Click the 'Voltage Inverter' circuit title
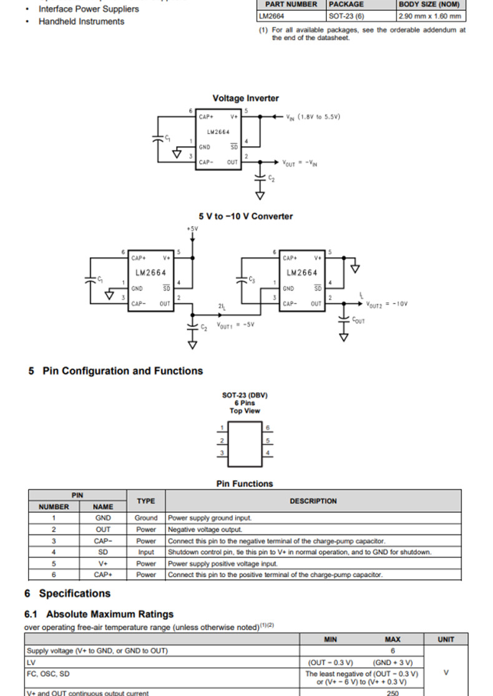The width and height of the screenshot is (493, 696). click(245, 98)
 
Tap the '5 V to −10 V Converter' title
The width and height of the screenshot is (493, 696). click(246, 216)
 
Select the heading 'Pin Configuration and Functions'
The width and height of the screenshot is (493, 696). click(122, 371)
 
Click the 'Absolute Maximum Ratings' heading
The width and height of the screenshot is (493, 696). click(110, 614)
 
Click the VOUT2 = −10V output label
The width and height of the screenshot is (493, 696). click(387, 304)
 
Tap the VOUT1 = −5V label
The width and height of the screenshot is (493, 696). click(235, 325)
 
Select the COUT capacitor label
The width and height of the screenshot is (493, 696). click(358, 321)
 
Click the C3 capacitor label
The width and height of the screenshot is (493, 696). click(252, 280)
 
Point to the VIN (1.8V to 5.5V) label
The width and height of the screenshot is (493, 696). click(313, 117)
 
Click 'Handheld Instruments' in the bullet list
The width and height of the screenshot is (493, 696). click(81, 21)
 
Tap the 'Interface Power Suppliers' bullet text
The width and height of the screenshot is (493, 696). click(89, 9)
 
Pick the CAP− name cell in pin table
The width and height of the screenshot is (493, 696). click(103, 541)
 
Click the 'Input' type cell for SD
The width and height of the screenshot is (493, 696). click(146, 552)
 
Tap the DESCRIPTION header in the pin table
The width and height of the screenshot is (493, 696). click(313, 501)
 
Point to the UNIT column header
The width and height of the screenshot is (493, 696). click(446, 639)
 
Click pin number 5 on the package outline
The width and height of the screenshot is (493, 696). click(268, 440)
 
